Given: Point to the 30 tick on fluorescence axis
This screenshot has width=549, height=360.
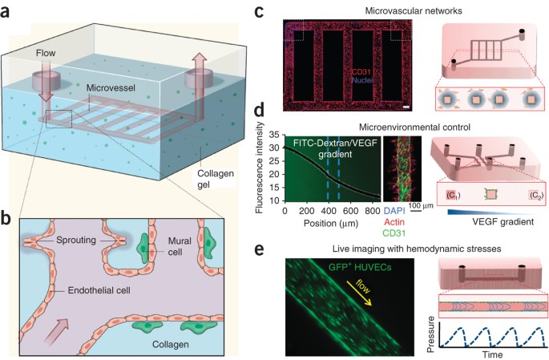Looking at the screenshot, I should click(277, 147).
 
